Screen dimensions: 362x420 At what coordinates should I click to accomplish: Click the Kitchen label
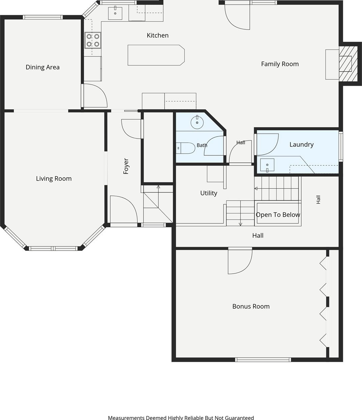157,35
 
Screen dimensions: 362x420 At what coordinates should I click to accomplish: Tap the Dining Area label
42,67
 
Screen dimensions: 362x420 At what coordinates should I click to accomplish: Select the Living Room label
53,179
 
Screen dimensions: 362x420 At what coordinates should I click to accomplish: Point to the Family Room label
280,64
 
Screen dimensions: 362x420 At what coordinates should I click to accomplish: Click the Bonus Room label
251,306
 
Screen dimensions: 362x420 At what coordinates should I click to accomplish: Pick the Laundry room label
301,145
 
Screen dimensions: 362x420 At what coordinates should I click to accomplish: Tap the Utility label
209,193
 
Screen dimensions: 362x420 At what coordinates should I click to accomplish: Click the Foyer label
126,166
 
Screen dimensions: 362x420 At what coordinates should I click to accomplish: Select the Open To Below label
278,215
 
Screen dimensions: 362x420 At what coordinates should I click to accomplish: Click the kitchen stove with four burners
93,40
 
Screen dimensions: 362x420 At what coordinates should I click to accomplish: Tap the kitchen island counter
156,55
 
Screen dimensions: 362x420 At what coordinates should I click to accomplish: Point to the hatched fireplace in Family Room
348,64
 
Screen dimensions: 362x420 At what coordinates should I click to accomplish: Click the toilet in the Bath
186,148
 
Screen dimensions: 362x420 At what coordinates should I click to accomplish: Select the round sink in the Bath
197,122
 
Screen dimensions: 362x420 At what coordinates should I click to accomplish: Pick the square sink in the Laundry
267,165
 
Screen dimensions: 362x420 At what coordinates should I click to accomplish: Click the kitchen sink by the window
115,13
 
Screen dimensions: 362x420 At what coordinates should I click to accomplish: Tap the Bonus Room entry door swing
240,261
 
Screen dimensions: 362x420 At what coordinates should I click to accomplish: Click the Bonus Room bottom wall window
263,360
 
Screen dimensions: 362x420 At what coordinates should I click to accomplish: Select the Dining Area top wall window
43,17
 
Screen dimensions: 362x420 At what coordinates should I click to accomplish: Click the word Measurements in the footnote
126,417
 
